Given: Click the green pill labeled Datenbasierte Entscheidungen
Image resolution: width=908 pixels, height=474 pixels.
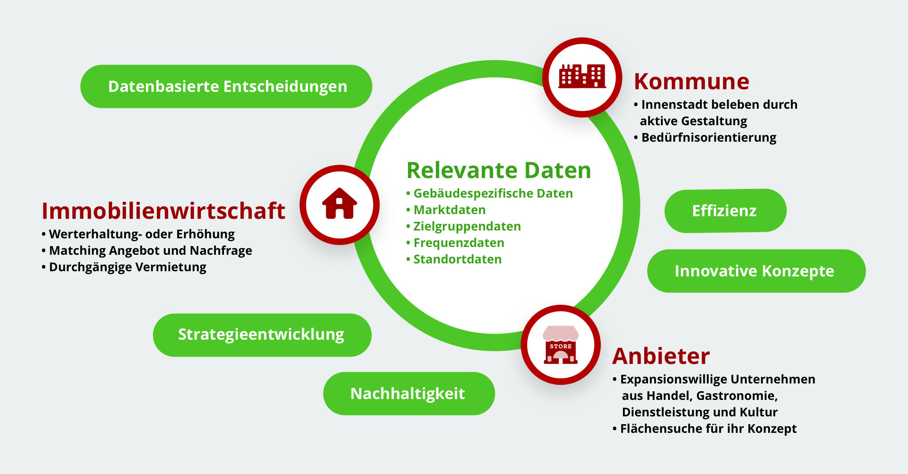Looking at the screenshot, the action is click(226, 86).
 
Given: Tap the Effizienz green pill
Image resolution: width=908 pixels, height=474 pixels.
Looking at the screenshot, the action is click(726, 211).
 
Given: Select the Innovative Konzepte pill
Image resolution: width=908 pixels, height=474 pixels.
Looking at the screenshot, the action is click(756, 271).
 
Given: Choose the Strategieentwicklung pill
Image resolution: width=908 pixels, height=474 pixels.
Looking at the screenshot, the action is click(262, 335).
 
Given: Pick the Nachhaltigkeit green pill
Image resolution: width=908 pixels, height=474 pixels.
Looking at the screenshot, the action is click(409, 393).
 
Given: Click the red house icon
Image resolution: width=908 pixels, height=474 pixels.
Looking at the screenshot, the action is click(340, 203).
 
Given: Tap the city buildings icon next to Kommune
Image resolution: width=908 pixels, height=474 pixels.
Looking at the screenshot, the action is click(582, 76).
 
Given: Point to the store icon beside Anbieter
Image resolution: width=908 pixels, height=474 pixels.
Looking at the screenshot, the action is click(561, 345).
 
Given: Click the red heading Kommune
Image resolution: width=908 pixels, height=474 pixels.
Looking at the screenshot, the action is click(691, 81).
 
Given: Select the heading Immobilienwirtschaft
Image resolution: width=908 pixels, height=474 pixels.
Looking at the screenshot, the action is click(163, 211).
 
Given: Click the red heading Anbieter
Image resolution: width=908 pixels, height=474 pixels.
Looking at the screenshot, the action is click(661, 356).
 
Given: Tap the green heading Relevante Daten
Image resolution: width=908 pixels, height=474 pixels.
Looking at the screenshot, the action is click(499, 170).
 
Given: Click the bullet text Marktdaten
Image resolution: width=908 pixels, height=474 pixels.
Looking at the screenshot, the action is click(450, 210).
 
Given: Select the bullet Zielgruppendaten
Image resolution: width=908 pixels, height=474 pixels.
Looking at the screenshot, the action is click(467, 226).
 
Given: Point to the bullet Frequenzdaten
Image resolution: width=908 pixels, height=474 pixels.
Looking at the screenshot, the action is click(459, 243).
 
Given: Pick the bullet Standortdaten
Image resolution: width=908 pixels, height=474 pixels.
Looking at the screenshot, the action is click(457, 259).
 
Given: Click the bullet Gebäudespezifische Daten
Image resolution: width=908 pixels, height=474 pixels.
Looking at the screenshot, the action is click(493, 193).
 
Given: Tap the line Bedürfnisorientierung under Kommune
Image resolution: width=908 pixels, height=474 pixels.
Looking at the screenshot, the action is click(709, 137).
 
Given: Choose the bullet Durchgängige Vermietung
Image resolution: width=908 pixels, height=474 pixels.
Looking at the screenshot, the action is click(128, 267).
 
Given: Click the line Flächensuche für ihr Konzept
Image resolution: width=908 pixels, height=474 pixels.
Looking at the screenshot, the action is click(708, 429).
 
